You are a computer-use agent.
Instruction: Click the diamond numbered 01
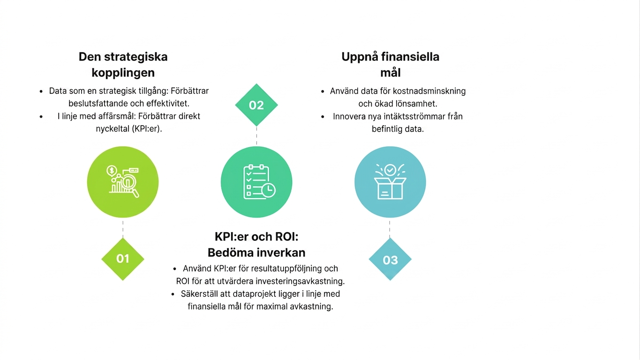pos(123,259)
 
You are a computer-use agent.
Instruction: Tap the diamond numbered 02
pos(256,105)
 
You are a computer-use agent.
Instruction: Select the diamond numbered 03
pos(390,259)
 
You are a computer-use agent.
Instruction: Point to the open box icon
pos(390,181)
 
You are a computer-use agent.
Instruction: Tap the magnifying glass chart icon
pos(123,182)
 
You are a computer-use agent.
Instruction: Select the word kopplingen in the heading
pos(123,73)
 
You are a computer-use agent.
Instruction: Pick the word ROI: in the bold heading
pos(286,237)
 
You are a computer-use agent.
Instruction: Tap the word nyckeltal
pos(112,129)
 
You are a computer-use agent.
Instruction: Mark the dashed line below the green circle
pos(123,229)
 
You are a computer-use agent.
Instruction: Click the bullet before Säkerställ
pos(173,294)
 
